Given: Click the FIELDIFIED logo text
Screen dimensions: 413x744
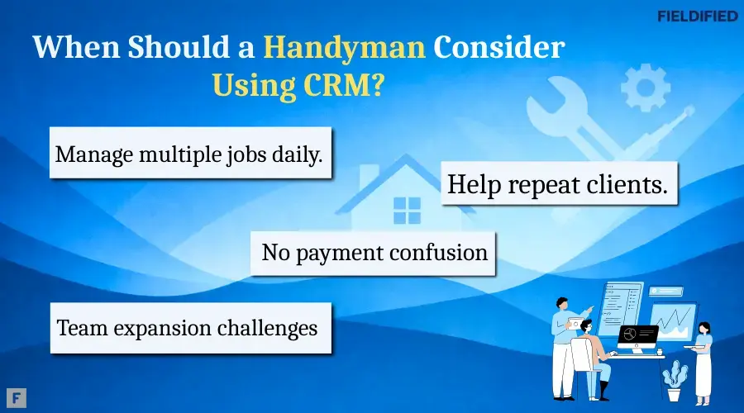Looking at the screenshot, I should [x=696, y=15].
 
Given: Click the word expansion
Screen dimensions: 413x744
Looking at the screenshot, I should [x=158, y=328].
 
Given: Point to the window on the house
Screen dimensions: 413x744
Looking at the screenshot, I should [x=407, y=210].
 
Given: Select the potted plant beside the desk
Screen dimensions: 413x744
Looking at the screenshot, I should [x=675, y=381].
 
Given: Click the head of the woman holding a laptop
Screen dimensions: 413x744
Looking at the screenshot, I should [x=703, y=329].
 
